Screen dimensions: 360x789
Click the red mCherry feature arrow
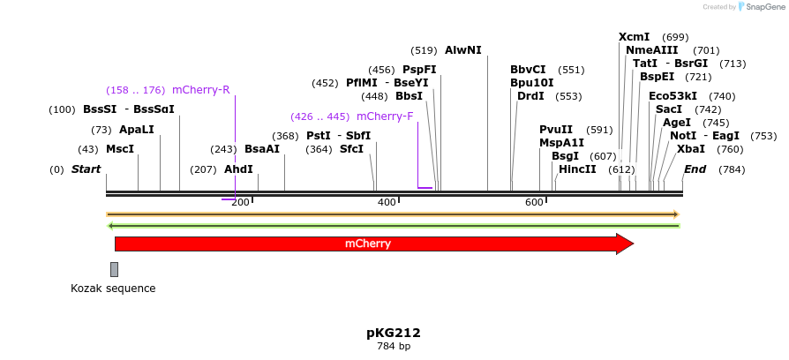371,244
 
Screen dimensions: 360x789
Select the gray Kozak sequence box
114,269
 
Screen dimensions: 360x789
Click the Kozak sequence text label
113,289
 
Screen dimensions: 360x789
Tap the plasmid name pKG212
394,333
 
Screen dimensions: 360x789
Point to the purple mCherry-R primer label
201,90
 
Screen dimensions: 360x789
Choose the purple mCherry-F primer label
385,116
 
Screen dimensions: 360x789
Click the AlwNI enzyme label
463,50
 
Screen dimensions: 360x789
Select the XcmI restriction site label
634,37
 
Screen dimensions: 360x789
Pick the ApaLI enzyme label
136,130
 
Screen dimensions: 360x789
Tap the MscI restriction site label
120,149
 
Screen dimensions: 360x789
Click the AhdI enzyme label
238,169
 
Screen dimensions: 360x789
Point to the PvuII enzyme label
556,130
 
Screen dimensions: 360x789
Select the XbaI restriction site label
691,149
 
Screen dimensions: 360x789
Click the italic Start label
86,169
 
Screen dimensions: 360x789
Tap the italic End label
695,169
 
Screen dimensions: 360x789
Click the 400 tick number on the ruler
387,203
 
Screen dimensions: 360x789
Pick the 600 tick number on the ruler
534,203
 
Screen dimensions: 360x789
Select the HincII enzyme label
577,169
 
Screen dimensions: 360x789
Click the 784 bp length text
394,347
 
